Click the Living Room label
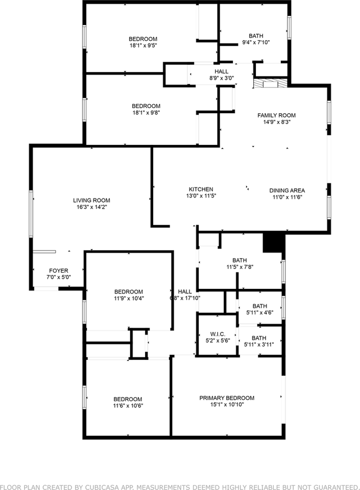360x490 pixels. point(91,201)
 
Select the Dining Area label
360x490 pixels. point(287,190)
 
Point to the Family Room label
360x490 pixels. point(276,115)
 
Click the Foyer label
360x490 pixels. point(58,271)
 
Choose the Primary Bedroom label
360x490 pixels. point(227,398)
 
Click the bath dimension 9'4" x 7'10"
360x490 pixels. point(256,42)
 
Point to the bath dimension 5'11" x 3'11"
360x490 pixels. point(259,345)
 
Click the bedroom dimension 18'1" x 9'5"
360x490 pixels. point(142,45)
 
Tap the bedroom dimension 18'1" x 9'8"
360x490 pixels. point(146,113)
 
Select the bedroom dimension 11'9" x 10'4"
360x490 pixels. point(129,299)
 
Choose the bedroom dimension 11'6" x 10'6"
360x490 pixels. point(128,406)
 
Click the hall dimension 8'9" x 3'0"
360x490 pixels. point(221,79)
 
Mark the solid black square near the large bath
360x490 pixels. point(273,242)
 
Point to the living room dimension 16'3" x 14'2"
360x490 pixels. point(91,207)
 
